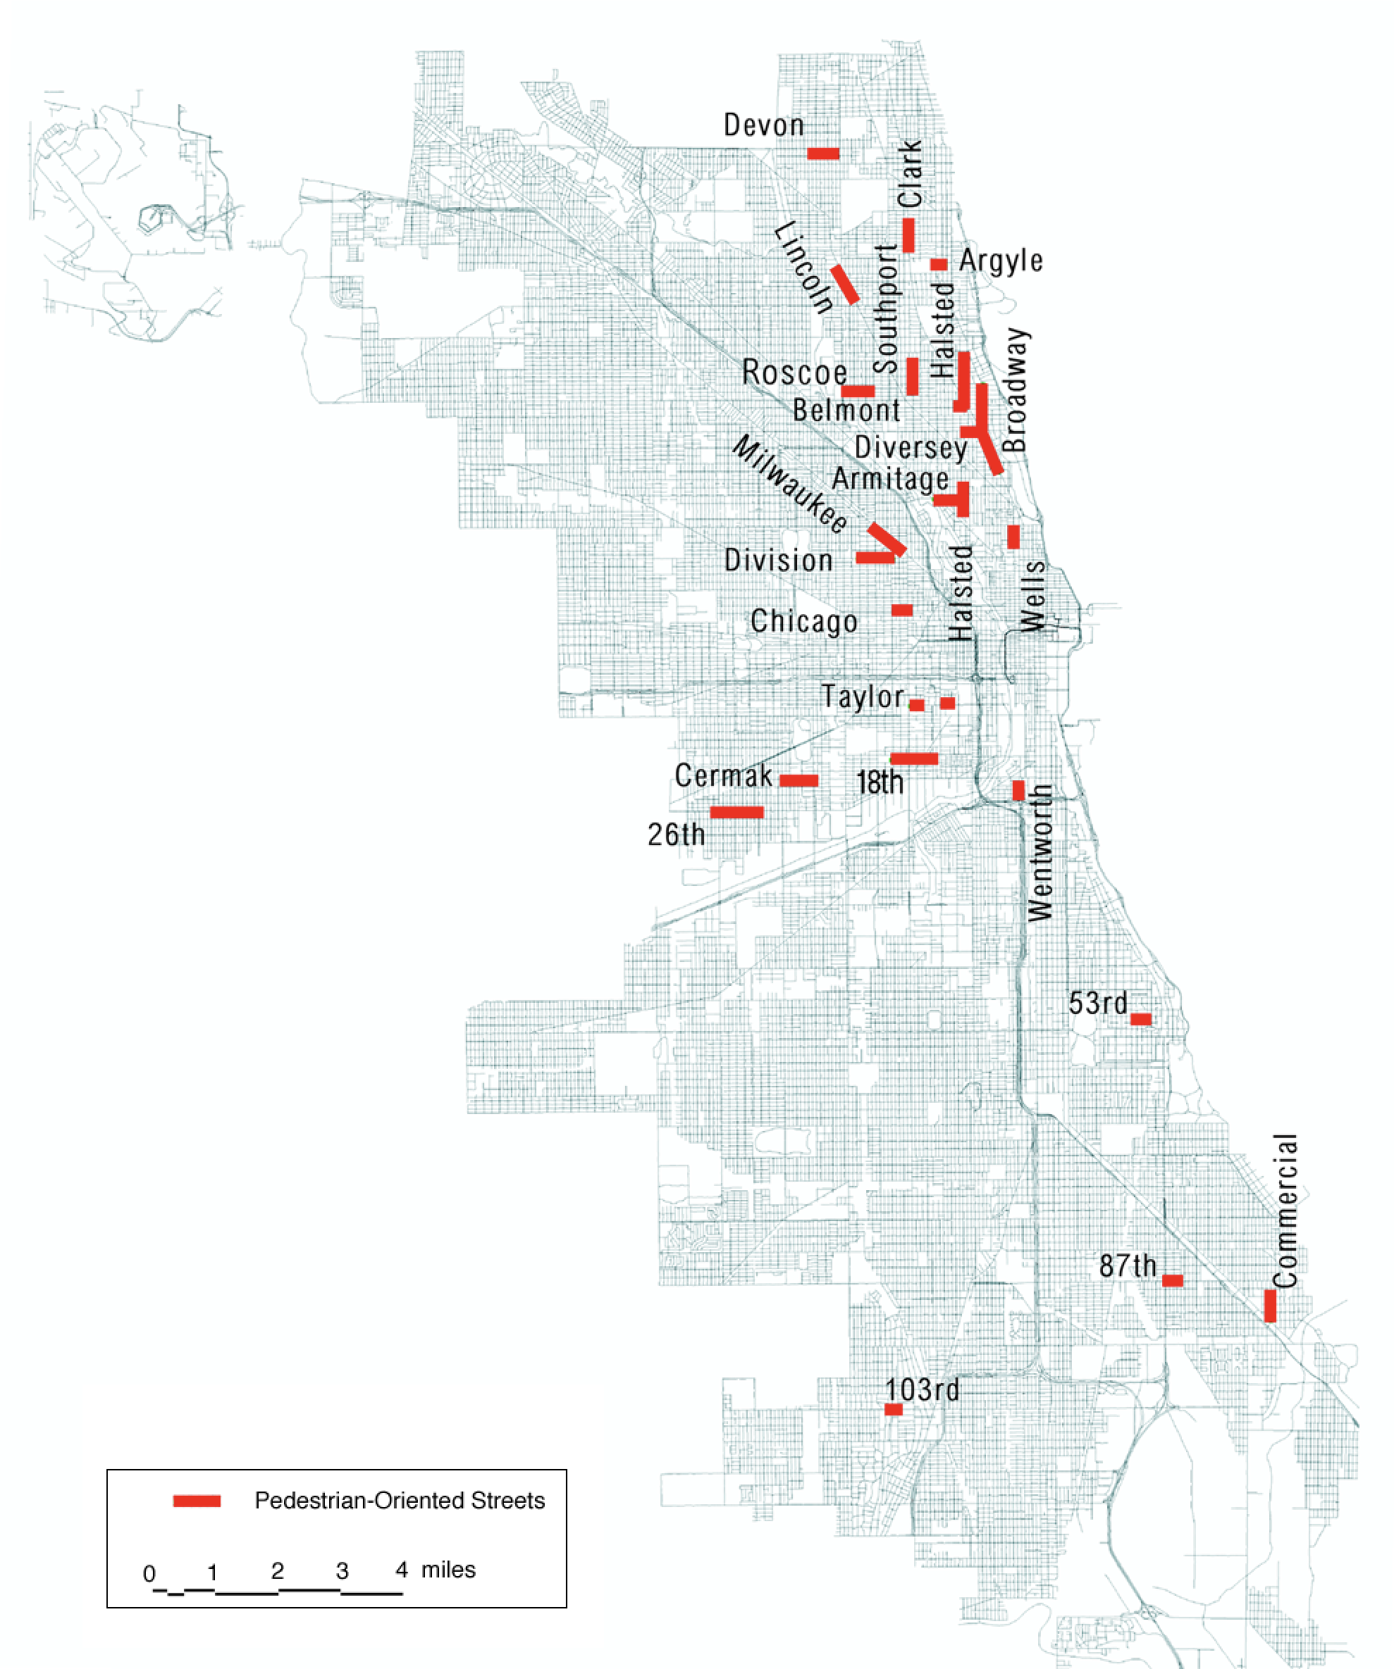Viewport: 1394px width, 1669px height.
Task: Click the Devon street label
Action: tap(763, 125)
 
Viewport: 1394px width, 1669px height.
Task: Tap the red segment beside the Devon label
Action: tap(822, 153)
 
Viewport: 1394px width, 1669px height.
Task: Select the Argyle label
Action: tap(1000, 260)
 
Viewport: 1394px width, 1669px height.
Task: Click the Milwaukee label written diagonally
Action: tap(789, 484)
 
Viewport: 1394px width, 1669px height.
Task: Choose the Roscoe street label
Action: tap(794, 372)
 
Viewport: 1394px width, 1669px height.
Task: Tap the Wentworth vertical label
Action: tap(1040, 852)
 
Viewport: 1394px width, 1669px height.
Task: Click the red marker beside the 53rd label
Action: tap(1140, 1019)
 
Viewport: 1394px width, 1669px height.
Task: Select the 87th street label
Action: tap(1127, 1265)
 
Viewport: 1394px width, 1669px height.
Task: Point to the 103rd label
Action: tap(922, 1389)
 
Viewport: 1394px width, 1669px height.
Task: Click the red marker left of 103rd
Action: tap(893, 1409)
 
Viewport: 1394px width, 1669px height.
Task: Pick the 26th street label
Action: tap(676, 834)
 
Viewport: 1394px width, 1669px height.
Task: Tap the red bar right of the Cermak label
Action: tap(798, 780)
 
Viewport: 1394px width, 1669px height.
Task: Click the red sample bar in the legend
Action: tap(197, 1501)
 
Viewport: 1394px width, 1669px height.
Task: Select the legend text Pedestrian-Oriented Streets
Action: tap(399, 1501)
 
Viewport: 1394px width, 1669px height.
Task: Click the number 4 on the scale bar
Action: tap(402, 1570)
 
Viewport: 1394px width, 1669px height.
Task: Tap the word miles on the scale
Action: tap(448, 1570)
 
